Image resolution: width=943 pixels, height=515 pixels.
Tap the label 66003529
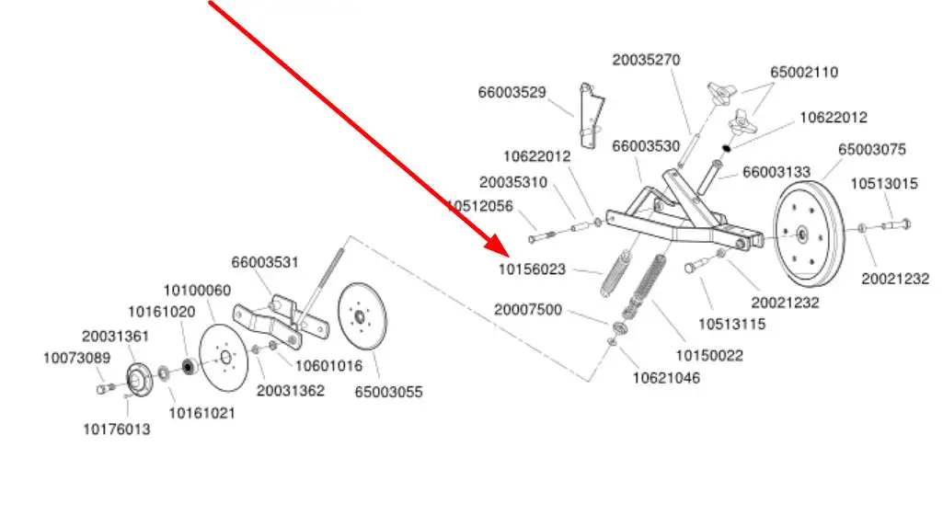(512, 92)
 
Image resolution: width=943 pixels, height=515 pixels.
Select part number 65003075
(871, 149)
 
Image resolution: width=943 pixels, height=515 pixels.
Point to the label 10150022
(710, 355)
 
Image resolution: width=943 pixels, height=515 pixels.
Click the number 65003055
(389, 392)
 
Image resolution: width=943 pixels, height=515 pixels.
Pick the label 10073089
(76, 358)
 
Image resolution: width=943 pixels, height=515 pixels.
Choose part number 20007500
(528, 310)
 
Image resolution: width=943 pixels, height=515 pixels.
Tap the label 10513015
(883, 184)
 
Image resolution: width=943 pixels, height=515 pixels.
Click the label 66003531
(265, 262)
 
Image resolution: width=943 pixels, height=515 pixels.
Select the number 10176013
(117, 428)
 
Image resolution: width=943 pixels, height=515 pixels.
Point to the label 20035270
(646, 60)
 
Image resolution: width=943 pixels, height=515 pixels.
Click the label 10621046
(664, 377)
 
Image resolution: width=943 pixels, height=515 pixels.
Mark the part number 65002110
(804, 72)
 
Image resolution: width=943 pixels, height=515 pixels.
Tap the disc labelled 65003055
(363, 316)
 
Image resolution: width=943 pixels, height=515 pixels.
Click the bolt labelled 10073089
(103, 388)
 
